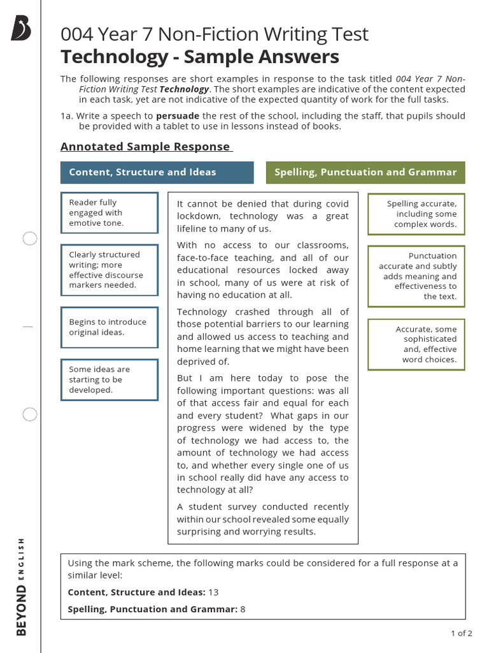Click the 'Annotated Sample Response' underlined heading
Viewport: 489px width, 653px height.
point(145,147)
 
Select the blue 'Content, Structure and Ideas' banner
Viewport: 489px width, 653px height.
point(157,172)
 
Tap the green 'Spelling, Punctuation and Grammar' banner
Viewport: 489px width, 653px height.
point(365,172)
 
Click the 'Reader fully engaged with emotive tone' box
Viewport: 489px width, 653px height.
point(109,213)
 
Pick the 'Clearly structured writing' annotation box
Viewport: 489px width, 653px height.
point(109,270)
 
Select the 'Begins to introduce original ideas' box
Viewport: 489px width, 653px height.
point(109,327)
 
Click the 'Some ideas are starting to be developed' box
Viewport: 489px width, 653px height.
point(109,379)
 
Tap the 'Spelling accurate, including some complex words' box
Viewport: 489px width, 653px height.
point(416,214)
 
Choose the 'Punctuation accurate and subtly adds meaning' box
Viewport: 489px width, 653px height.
point(416,276)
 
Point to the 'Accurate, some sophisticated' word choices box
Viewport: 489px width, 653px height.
point(416,344)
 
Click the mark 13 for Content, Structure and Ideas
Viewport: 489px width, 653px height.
point(214,592)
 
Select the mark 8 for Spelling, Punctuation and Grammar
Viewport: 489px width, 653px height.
point(243,610)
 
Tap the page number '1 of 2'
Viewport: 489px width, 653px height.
point(461,633)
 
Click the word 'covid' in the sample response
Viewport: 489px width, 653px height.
point(337,204)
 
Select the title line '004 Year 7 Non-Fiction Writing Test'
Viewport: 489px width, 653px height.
point(215,34)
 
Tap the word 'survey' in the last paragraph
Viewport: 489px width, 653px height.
point(234,507)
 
